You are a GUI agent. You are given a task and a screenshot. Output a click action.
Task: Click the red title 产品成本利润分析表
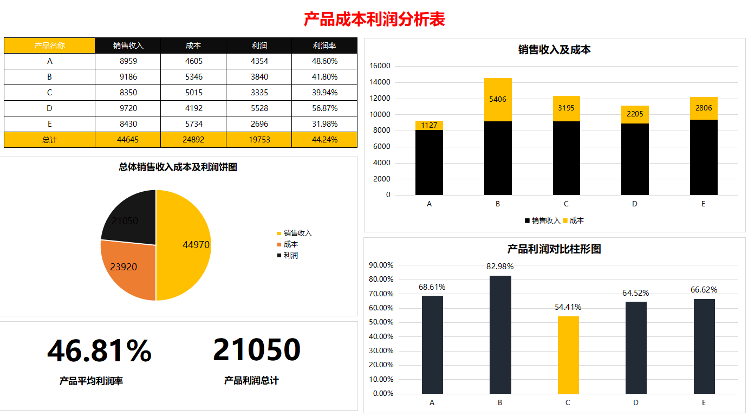[x=374, y=20]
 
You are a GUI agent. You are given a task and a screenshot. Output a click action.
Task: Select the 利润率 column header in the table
[x=324, y=46]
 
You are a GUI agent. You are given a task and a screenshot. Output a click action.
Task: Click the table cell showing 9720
[x=128, y=108]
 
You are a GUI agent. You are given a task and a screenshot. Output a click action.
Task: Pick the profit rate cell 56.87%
[x=324, y=108]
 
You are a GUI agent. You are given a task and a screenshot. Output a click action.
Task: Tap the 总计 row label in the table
[x=49, y=140]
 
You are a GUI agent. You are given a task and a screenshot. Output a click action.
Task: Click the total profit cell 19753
[x=259, y=140]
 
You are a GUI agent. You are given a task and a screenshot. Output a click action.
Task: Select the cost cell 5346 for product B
[x=193, y=77]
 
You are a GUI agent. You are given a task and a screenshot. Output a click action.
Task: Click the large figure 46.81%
[x=99, y=350]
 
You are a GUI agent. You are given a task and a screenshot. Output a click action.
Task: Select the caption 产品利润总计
[x=251, y=381]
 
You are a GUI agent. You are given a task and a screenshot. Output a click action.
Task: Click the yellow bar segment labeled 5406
[x=498, y=100]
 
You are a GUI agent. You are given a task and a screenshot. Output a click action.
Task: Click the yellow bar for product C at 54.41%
[x=568, y=355]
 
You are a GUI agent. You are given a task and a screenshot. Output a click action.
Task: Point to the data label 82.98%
[x=500, y=266]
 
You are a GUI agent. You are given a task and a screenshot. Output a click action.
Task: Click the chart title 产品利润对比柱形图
[x=554, y=249]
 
